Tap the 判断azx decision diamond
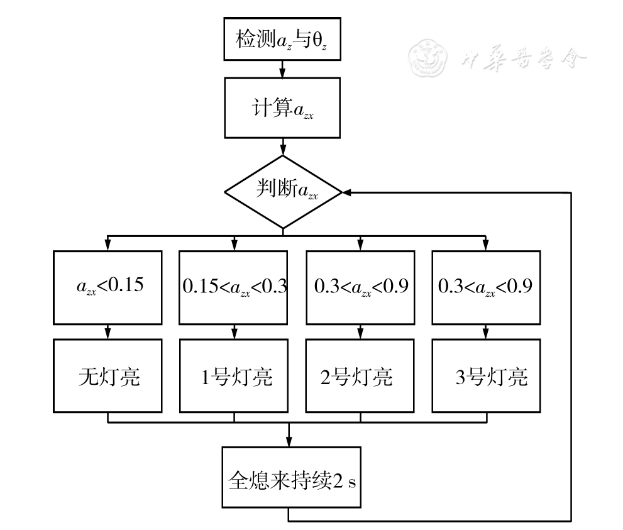click(x=282, y=192)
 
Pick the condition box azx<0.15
click(x=108, y=286)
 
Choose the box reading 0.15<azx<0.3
click(x=234, y=286)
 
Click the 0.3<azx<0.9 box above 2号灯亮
click(x=360, y=286)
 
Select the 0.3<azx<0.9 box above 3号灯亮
click(x=486, y=286)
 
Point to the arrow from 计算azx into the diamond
click(x=282, y=148)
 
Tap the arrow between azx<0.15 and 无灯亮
click(x=108, y=331)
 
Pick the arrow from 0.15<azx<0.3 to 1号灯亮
click(x=234, y=331)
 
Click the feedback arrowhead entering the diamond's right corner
click(x=347, y=192)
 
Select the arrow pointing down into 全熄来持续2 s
click(x=289, y=437)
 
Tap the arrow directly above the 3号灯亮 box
click(x=486, y=331)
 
